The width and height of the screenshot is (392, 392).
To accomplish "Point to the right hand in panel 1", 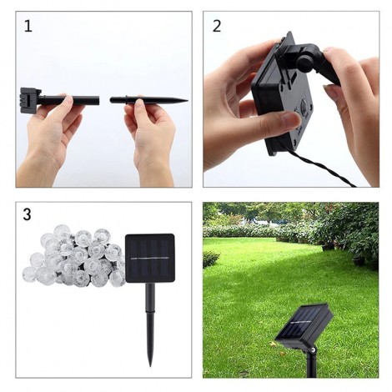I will point(150,133).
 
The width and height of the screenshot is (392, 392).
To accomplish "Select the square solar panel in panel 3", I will point(150,259).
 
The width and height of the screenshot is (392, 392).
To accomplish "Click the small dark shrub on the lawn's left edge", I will point(209,259).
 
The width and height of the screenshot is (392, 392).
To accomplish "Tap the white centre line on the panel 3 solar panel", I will point(150,259).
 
